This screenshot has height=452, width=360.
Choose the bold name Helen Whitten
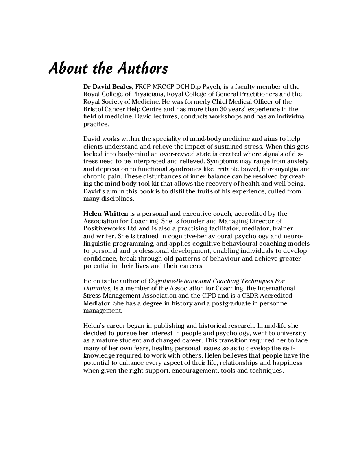(x=106, y=214)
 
